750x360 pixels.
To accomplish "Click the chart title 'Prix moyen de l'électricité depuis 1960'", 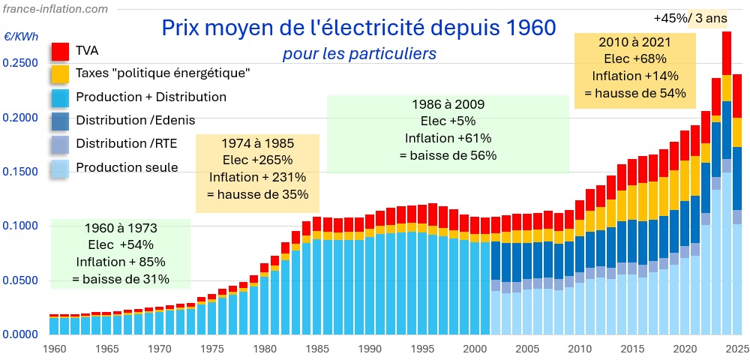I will (x=359, y=28).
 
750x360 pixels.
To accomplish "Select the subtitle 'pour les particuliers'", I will (x=359, y=54).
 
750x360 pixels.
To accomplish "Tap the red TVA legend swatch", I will (x=61, y=51).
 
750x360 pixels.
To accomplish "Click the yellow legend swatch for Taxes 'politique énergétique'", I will (x=61, y=73).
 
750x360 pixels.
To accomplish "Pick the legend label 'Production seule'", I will (x=127, y=167).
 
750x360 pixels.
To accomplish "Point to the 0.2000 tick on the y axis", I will (x=19, y=118).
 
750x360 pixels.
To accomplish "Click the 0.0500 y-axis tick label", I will (x=19, y=280).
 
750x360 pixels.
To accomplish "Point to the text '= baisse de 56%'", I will (x=448, y=155).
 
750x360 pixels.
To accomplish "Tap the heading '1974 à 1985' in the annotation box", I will (x=257, y=142).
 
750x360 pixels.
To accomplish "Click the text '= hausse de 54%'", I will (x=635, y=93).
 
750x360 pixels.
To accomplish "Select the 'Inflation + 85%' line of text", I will (x=120, y=262).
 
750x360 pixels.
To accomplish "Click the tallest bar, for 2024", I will (x=726, y=187).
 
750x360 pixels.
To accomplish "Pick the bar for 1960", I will (x=54, y=325).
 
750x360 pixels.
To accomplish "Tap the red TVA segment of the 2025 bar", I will (x=737, y=96).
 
